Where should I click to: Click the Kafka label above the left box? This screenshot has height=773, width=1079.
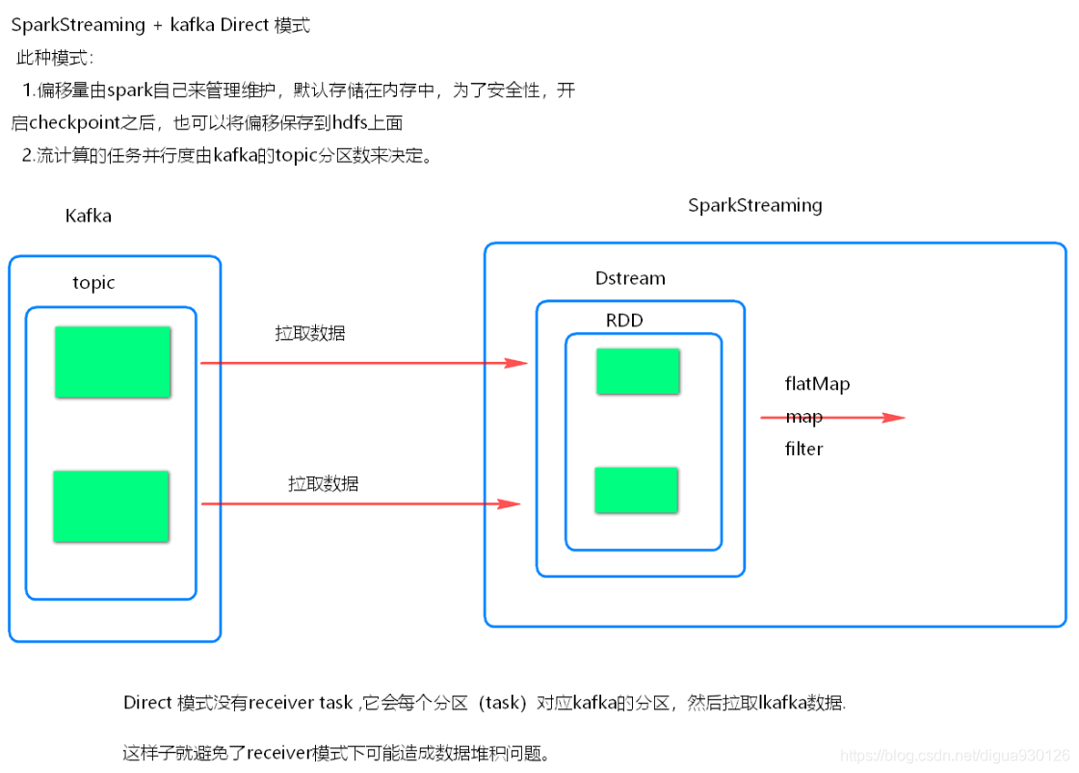click(88, 216)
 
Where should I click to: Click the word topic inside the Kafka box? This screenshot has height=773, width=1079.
click(93, 283)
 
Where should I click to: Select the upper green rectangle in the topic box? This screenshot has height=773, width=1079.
click(112, 362)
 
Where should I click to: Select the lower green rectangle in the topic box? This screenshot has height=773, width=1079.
click(111, 506)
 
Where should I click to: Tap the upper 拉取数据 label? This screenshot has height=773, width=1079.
click(310, 334)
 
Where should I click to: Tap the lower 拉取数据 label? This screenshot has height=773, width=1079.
click(323, 483)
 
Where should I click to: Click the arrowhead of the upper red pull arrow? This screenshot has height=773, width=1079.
click(518, 363)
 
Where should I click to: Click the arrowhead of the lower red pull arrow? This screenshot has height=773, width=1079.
click(512, 503)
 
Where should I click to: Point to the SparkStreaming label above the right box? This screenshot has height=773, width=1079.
click(754, 205)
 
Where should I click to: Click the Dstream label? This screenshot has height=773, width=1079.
click(630, 278)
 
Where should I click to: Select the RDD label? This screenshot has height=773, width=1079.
click(623, 321)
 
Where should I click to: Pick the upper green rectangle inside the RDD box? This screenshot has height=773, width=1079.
click(637, 372)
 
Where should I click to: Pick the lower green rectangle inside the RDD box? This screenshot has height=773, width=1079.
click(636, 489)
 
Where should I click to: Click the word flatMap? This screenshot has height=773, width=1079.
click(817, 384)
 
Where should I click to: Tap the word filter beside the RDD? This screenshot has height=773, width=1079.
click(803, 450)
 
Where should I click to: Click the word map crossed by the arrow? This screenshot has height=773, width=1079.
click(803, 417)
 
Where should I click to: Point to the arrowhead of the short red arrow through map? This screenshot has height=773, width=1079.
click(895, 418)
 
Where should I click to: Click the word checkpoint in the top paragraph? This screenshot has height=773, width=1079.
click(86, 123)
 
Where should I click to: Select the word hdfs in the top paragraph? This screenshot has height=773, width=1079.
click(350, 123)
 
